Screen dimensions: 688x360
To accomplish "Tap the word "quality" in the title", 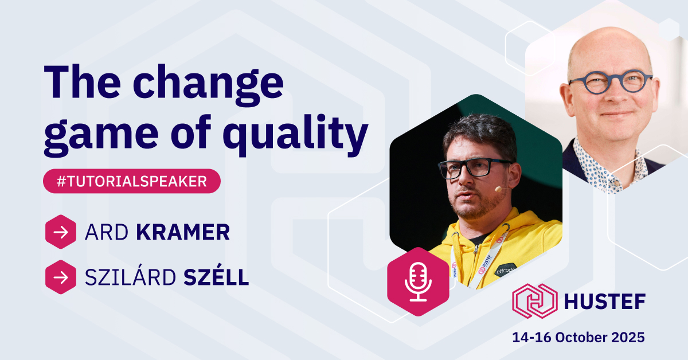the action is (295, 135).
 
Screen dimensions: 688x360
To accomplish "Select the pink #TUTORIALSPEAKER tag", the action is (132, 181).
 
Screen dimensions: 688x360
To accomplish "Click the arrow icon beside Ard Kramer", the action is (61, 232).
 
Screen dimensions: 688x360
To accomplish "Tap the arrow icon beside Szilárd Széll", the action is (61, 277).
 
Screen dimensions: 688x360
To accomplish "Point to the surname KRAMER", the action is (183, 232).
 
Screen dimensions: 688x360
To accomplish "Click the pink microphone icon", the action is (418, 281).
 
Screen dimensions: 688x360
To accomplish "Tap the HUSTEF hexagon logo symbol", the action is (535, 301).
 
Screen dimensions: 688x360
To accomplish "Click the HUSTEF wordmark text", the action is (605, 302).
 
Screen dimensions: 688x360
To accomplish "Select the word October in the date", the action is (581, 337).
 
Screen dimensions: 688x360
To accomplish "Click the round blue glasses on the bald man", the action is (610, 82).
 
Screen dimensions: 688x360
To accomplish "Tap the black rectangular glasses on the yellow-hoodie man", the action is (475, 168).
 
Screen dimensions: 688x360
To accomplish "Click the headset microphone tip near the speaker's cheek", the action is (498, 189).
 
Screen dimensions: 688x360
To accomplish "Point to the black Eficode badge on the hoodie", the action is (505, 271).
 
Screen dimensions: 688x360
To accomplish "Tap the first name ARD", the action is (106, 232).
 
